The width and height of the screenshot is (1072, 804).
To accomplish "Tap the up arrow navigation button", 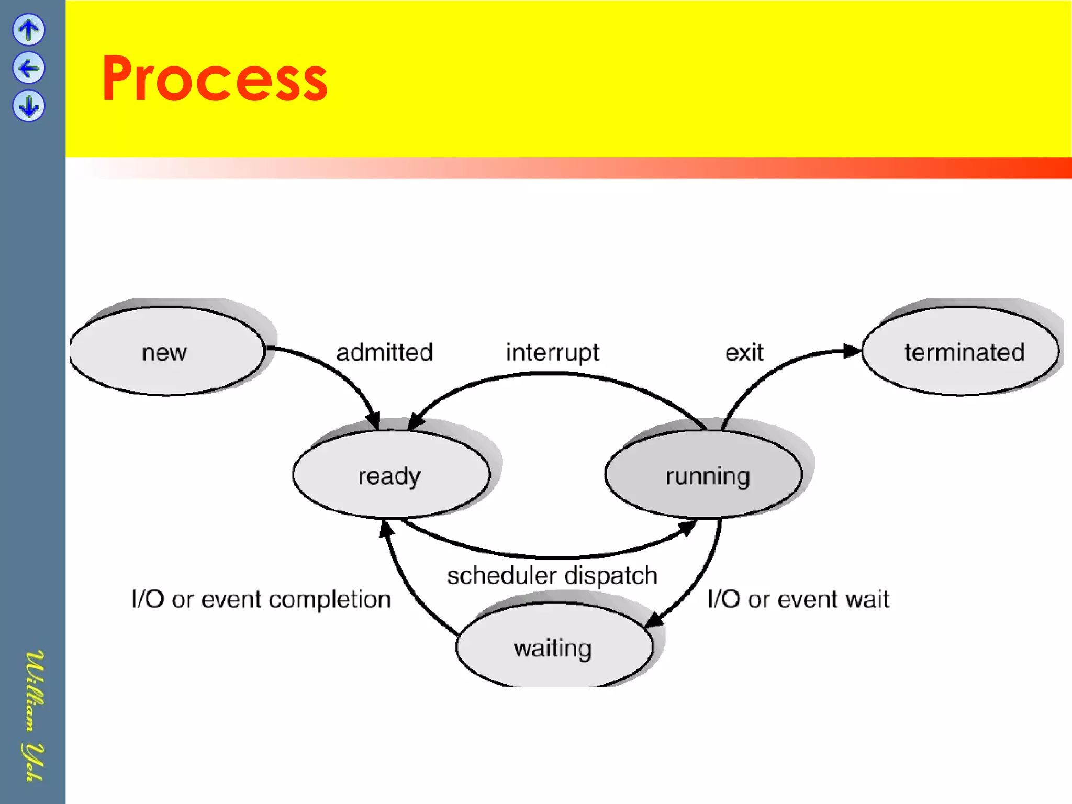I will (29, 30).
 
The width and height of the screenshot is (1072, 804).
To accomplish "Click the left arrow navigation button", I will (29, 68).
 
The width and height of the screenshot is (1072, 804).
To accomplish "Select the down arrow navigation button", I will (29, 106).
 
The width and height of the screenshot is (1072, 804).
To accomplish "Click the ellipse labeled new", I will (166, 351).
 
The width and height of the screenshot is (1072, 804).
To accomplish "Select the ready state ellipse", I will (390, 475).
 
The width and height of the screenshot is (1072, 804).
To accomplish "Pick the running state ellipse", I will (703, 475).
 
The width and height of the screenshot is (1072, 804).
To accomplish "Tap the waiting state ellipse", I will (554, 648).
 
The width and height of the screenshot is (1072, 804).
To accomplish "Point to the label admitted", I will (384, 352).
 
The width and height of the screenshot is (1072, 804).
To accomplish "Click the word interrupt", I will (552, 352).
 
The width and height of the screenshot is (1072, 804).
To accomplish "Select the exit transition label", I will (744, 352).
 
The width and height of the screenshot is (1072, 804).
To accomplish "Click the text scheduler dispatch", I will (552, 575).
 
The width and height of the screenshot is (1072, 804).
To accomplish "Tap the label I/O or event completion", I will (261, 599).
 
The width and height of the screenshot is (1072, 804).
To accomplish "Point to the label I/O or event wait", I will (798, 599).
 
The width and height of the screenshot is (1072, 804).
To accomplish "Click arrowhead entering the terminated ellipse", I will (852, 351).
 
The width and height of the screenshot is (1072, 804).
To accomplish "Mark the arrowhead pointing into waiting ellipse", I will (653, 620).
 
